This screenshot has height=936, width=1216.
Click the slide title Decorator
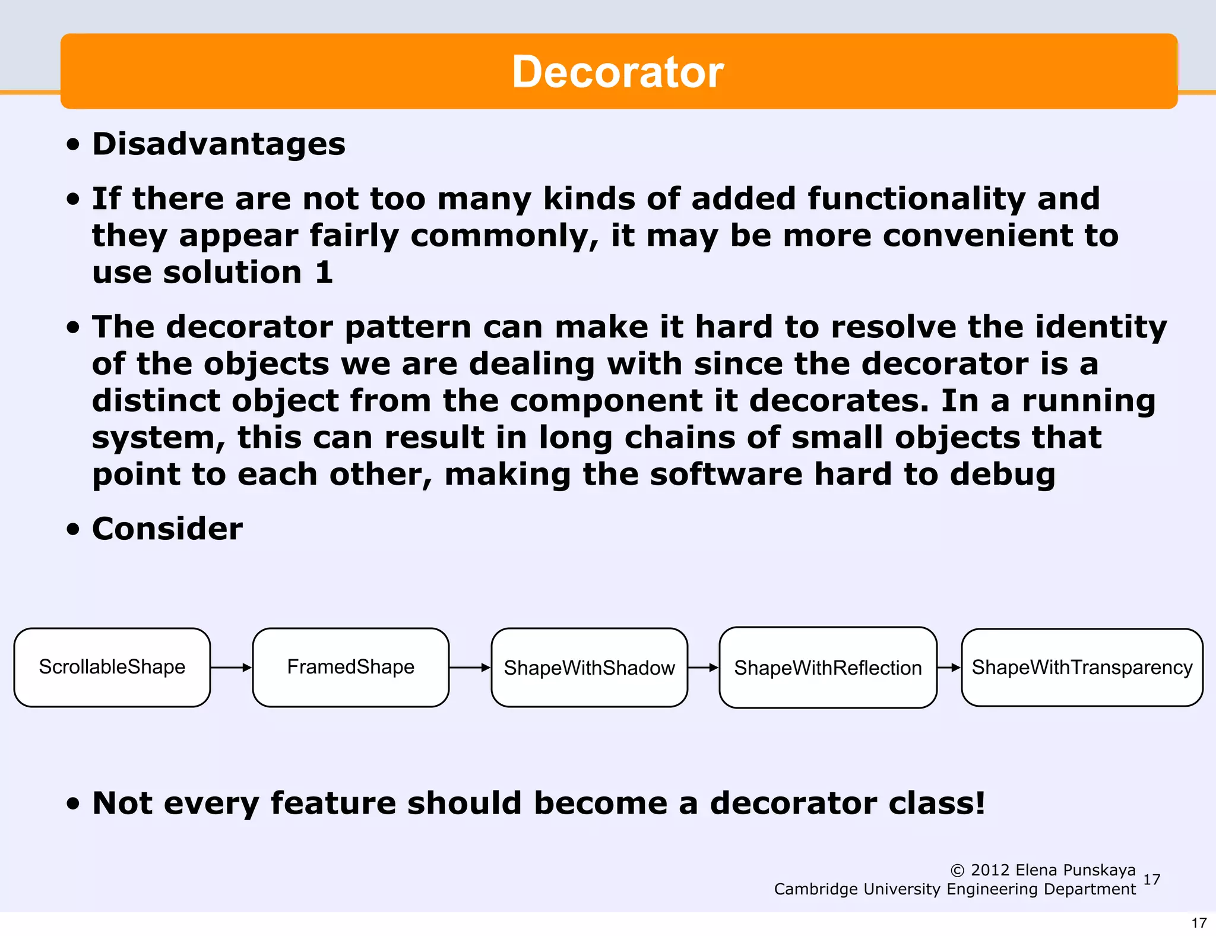point(617,72)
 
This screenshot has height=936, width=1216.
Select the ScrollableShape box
point(112,667)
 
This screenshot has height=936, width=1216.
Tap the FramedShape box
point(350,667)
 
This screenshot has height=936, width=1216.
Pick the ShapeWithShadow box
point(589,668)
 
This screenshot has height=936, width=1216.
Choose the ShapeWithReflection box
point(828,668)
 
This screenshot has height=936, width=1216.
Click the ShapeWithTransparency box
point(1082,668)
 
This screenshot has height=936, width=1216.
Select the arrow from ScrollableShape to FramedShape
point(232,668)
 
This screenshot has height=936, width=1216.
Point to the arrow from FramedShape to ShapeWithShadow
point(470,668)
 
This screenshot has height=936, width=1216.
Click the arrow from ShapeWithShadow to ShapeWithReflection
point(704,668)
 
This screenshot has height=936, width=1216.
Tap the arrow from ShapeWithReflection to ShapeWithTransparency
point(949,668)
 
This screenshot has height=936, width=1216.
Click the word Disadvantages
point(218,144)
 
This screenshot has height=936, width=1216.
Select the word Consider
point(167,529)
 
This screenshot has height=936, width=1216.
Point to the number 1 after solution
point(324,273)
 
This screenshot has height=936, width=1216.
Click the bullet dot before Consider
point(73,529)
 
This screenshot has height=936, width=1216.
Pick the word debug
point(1002,475)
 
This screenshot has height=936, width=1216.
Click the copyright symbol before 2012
point(957,871)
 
